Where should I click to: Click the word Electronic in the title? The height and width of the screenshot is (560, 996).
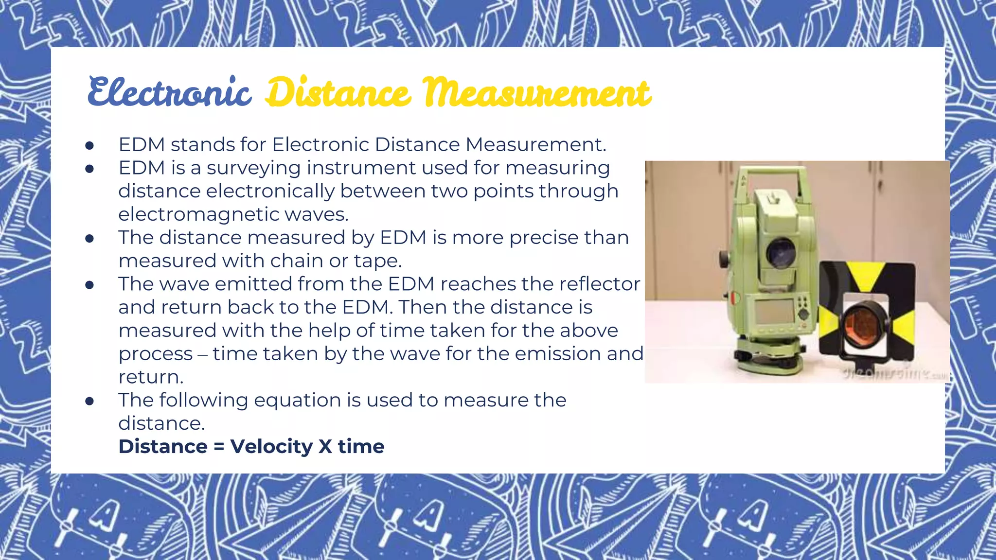[169, 92]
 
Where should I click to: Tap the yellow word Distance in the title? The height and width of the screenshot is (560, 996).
[338, 92]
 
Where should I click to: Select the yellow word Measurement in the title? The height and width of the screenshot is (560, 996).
[536, 92]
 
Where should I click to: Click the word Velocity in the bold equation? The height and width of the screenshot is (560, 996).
[271, 447]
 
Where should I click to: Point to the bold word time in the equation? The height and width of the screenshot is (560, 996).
[361, 447]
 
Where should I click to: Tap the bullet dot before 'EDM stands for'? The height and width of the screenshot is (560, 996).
[89, 145]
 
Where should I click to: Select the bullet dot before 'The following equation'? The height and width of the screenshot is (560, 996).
[89, 401]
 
